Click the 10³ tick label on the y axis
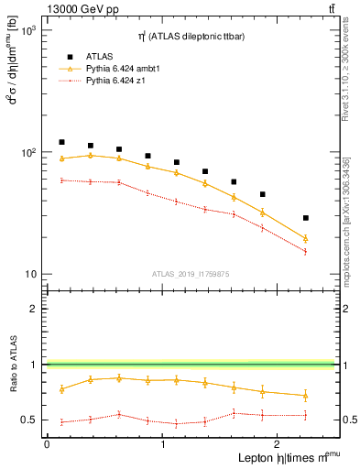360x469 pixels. coord(27,31)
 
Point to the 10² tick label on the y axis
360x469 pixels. coord(27,153)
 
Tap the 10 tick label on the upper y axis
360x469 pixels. coord(30,275)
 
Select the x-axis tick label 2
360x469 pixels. coord(278,443)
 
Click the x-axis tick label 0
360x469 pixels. coord(46,443)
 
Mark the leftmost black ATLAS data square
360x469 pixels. coord(61,142)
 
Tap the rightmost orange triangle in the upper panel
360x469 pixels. coord(306,239)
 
